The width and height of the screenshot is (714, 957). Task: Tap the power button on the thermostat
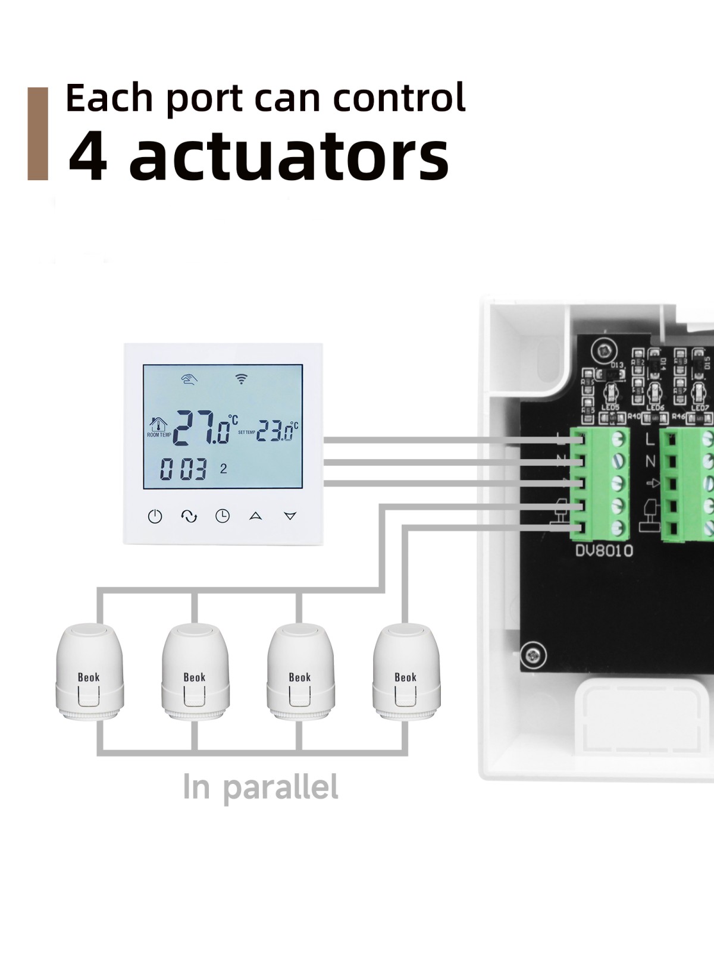click(155, 516)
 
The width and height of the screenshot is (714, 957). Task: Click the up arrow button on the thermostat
click(256, 516)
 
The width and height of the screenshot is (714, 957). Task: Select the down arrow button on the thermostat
click(290, 516)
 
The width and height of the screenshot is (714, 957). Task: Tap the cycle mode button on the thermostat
click(189, 516)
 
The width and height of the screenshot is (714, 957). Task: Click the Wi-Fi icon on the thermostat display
click(241, 378)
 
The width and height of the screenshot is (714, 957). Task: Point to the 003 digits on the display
click(183, 470)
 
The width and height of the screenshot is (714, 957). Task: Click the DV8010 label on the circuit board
click(603, 551)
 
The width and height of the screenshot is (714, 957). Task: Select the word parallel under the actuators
click(281, 787)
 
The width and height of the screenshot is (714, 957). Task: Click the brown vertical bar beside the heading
click(37, 133)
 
